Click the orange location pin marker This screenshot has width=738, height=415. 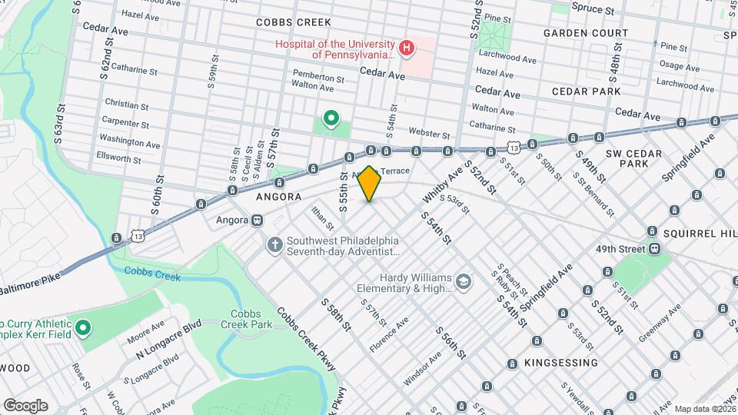(x=370, y=183)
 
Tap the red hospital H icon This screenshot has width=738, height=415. (x=407, y=51)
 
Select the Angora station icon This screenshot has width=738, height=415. (x=257, y=220)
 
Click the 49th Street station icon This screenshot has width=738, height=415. (x=655, y=249)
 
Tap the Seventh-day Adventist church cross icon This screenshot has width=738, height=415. (x=274, y=245)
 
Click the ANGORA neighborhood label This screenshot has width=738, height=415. (x=279, y=197)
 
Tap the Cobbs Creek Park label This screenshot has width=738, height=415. (x=251, y=320)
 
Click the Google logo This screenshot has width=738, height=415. (x=25, y=405)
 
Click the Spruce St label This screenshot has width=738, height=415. (x=593, y=11)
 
